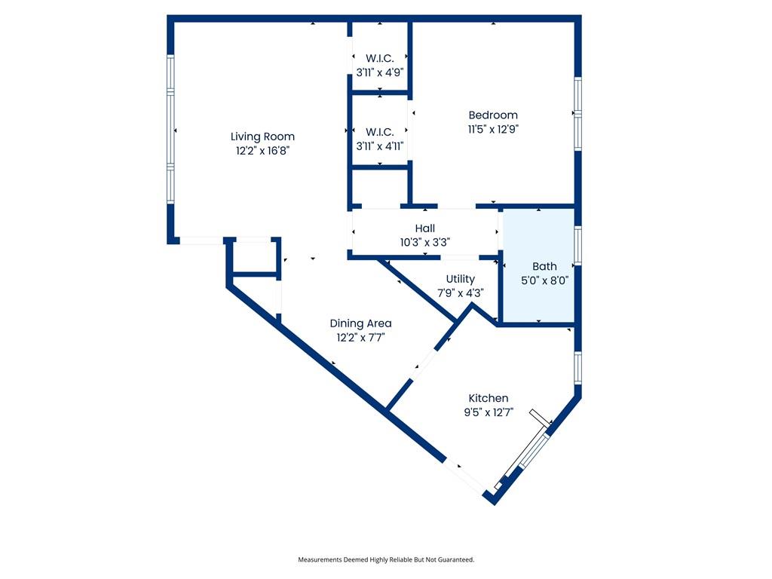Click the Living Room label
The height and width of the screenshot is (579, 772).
click(x=262, y=136)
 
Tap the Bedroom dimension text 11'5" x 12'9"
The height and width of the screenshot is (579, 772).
click(x=493, y=130)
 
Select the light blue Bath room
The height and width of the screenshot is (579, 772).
click(x=538, y=266)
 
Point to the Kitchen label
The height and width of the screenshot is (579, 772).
click(x=489, y=398)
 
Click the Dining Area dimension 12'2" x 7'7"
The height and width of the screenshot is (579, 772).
click(x=361, y=338)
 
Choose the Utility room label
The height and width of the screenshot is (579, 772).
click(x=461, y=279)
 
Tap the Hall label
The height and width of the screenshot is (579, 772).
click(x=425, y=228)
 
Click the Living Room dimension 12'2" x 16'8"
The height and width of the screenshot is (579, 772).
click(x=262, y=151)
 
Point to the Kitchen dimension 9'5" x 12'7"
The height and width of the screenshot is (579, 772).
click(x=489, y=412)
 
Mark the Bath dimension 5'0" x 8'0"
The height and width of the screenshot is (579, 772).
click(x=544, y=280)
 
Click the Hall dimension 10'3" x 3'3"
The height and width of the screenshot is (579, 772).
click(x=425, y=242)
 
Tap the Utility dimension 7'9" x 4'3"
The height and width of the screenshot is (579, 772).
click(x=461, y=293)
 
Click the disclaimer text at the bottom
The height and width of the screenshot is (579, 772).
click(x=386, y=559)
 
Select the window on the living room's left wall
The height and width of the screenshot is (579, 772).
click(x=170, y=129)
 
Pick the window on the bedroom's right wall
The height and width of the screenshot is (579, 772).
click(x=578, y=113)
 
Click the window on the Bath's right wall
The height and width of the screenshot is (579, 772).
click(x=578, y=245)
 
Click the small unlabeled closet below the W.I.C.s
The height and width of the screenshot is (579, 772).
click(x=380, y=187)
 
